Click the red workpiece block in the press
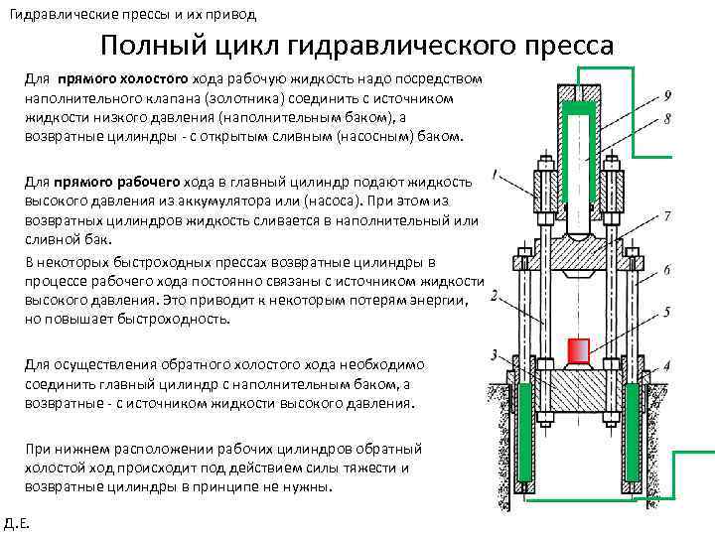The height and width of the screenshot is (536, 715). click(x=578, y=350)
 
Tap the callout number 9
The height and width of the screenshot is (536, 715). click(x=667, y=95)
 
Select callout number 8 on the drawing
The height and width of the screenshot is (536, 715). click(x=667, y=118)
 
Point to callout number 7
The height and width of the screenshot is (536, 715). click(x=667, y=215)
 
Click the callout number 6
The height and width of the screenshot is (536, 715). click(x=667, y=270)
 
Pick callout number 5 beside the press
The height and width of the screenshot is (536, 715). click(x=667, y=312)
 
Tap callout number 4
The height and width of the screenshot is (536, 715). click(x=667, y=366)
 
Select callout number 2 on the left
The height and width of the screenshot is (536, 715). click(x=494, y=295)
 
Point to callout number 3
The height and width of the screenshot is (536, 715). click(x=494, y=354)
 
